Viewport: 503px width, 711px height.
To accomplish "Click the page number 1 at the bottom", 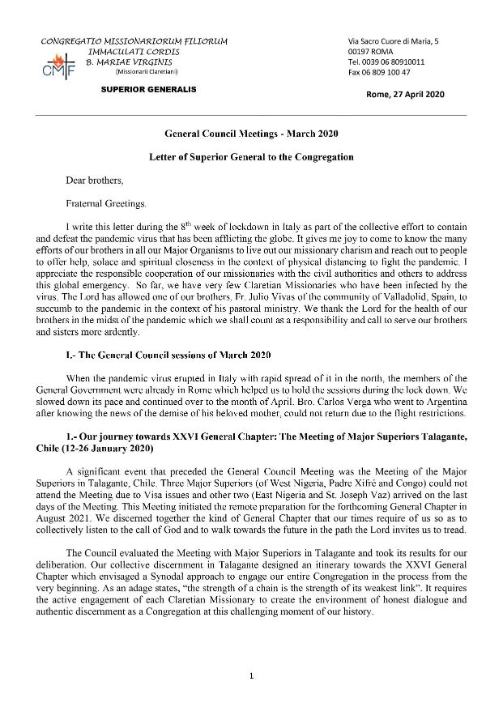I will tap(251, 674).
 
